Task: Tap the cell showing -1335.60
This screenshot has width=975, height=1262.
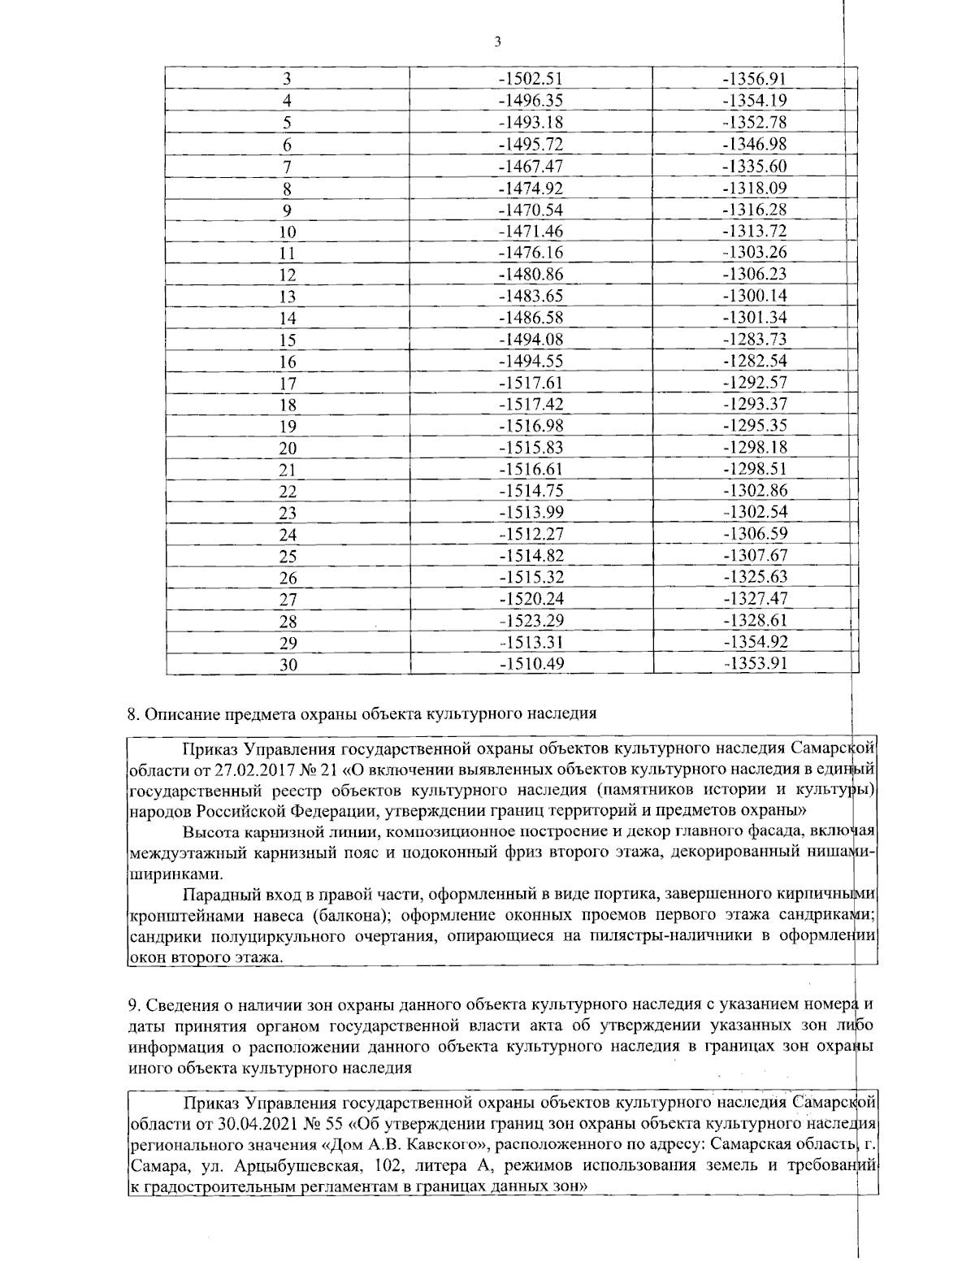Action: coord(755,166)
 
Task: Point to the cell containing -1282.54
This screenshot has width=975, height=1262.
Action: coord(755,361)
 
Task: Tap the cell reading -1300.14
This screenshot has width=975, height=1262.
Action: coord(755,296)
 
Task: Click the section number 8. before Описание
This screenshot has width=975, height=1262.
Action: coord(134,714)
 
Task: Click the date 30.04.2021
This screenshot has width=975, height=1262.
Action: coord(253,1125)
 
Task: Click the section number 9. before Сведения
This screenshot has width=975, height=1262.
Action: coord(134,1005)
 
